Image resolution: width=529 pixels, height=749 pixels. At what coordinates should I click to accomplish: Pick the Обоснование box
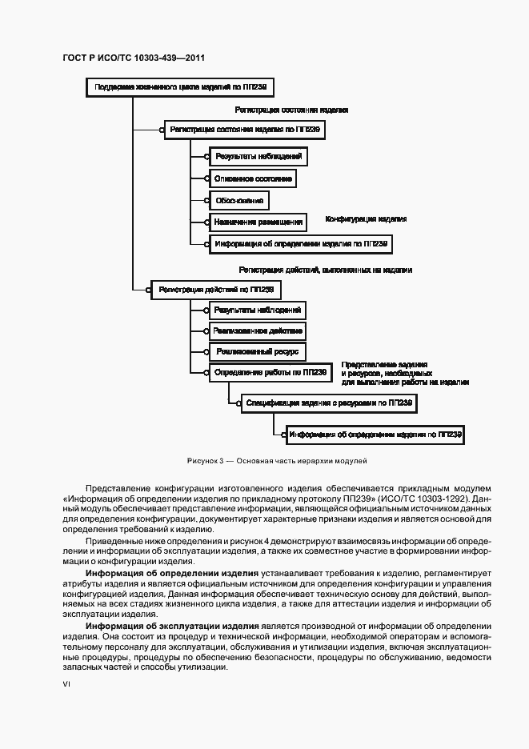(x=237, y=200)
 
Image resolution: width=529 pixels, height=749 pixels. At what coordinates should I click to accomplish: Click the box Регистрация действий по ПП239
(x=216, y=289)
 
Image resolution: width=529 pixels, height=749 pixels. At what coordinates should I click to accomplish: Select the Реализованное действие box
(x=258, y=330)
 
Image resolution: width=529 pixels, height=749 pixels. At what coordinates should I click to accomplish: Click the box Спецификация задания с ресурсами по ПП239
(x=329, y=404)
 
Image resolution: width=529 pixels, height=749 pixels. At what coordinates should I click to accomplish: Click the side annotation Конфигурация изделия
(x=366, y=218)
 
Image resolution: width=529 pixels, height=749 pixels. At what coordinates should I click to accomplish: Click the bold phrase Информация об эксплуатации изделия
(x=172, y=624)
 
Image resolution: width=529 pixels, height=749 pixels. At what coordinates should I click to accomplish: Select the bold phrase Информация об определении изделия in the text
(x=172, y=574)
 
